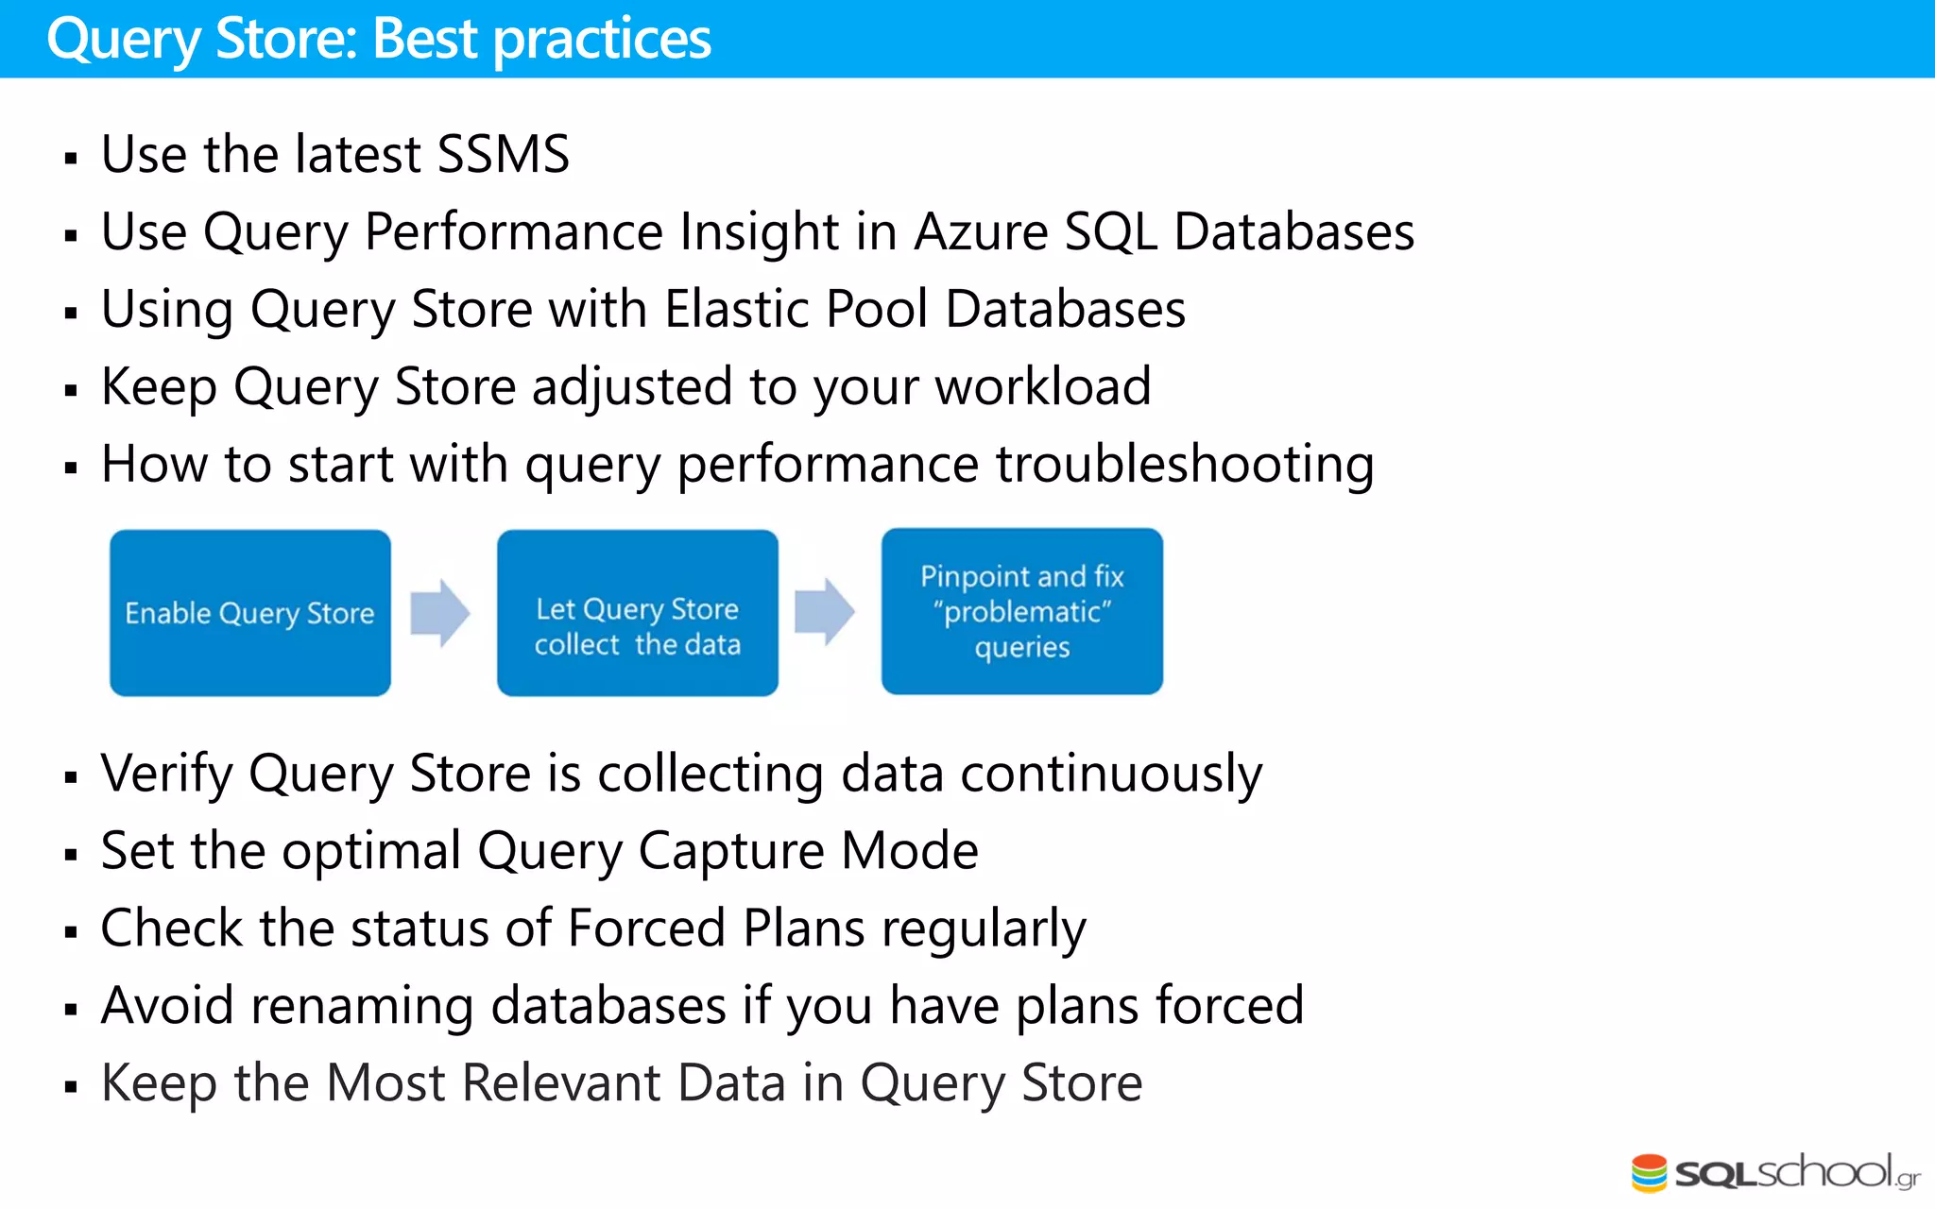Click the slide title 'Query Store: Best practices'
(378, 40)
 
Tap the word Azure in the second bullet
(981, 231)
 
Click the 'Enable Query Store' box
(250, 613)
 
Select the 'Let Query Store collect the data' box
(638, 613)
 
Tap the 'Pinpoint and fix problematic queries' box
(1022, 611)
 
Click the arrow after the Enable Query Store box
(440, 613)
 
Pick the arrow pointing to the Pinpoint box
(825, 612)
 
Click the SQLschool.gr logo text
(1795, 1173)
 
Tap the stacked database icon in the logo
(1649, 1173)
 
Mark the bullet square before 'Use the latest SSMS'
(71, 158)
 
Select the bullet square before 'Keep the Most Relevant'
(71, 1087)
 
